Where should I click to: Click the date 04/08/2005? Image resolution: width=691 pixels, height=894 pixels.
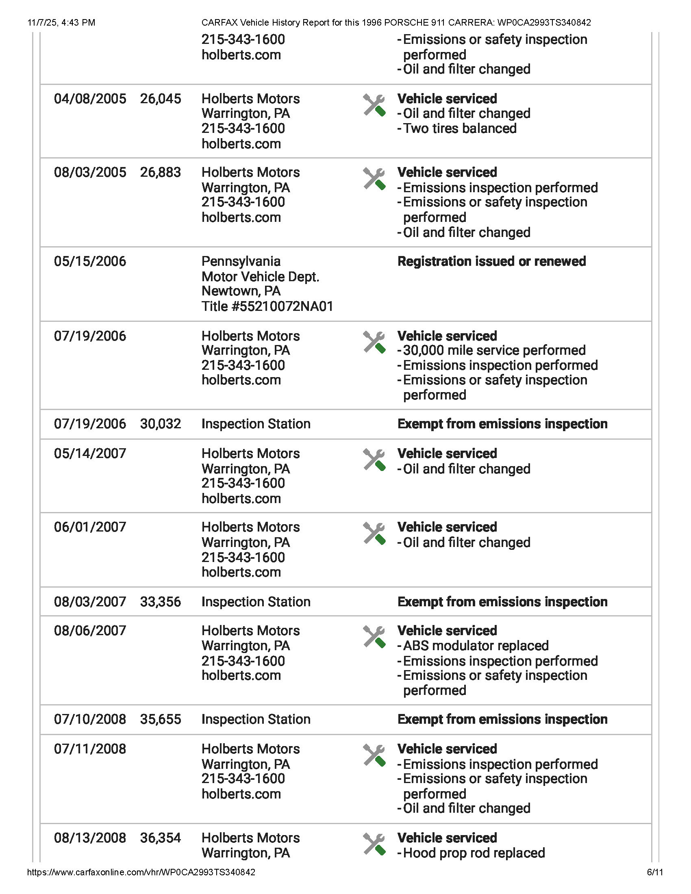coord(90,99)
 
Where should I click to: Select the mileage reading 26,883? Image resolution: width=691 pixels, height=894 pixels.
coord(161,172)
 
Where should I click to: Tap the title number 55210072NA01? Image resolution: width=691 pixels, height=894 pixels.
coord(267,306)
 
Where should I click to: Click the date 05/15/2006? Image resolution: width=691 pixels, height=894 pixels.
coord(90,261)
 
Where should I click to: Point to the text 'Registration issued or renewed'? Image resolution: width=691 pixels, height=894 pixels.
coord(491,261)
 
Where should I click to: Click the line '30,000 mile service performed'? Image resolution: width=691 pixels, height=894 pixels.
coord(494,350)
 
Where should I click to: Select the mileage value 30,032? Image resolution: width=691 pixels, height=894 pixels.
coord(161,424)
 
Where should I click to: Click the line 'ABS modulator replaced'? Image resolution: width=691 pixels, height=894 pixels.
coord(476,646)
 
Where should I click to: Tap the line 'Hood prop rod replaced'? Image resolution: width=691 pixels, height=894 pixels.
coord(474,853)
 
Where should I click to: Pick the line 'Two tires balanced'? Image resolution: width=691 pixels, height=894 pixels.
coord(460,128)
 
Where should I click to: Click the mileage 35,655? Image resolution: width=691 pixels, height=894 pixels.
coord(161,719)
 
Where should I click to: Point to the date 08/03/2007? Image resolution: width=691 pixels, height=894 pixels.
coord(90,602)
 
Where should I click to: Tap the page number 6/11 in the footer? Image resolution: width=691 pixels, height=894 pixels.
coord(654,872)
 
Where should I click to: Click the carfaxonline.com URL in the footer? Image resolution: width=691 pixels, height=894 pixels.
coord(141,872)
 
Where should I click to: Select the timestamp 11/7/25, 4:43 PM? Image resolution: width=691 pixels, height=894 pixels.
coord(61,22)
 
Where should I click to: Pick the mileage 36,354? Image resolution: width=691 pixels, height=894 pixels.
coord(161,838)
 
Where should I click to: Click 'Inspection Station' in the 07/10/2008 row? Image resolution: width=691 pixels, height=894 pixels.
coord(256,719)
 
